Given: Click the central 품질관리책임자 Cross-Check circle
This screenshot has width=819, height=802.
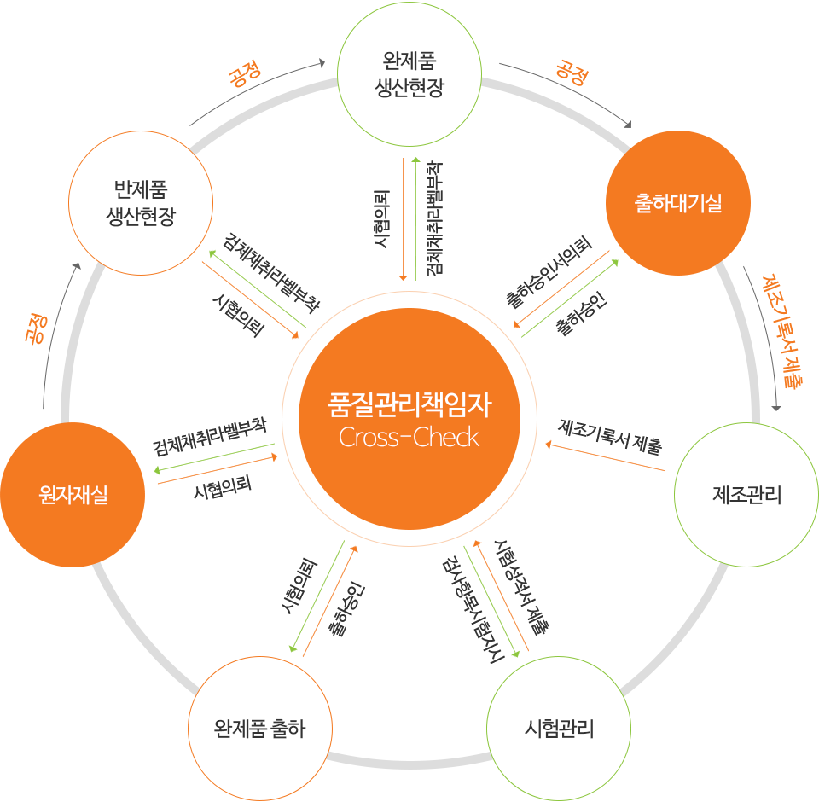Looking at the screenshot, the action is [x=409, y=419].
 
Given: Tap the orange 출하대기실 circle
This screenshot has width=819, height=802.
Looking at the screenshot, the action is [x=678, y=203].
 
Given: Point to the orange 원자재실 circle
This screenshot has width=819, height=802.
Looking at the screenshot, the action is [x=73, y=494].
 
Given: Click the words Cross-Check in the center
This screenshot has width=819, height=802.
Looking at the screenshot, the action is [x=409, y=438].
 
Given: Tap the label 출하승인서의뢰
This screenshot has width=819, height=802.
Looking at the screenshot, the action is [x=549, y=271].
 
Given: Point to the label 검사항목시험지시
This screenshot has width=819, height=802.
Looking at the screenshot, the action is [x=473, y=610].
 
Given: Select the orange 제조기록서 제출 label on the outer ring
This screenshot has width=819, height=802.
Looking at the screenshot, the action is [x=782, y=330].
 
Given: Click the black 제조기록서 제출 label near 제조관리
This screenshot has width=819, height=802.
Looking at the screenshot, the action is [x=610, y=436].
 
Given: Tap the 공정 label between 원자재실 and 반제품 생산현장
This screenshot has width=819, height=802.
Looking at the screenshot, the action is [x=36, y=328].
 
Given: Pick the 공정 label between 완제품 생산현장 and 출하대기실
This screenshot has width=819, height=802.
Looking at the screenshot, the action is [x=572, y=73].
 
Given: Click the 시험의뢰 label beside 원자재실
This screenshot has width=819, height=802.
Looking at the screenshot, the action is [x=223, y=486].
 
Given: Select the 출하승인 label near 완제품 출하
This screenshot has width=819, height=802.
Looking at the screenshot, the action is [x=347, y=608].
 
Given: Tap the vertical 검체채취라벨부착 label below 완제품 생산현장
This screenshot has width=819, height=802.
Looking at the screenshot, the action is [x=434, y=218].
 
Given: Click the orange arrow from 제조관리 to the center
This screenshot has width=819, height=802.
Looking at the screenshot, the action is [x=606, y=457].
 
